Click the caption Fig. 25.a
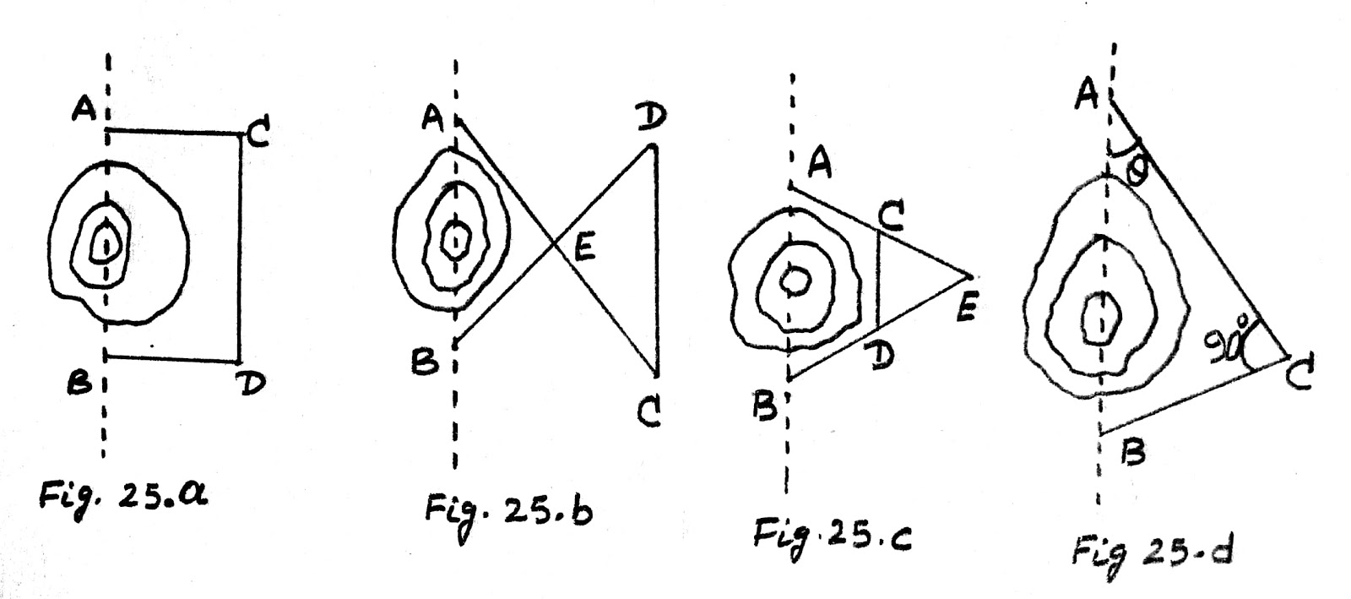[122, 498]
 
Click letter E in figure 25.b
[584, 248]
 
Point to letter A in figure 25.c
[820, 164]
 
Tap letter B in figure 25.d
[1133, 455]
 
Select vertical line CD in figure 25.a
[239, 245]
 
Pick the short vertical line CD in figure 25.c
[879, 279]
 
